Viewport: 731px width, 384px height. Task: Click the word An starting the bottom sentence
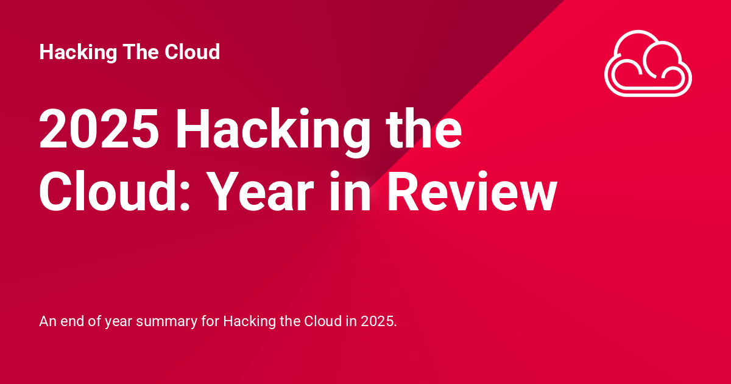[x=47, y=321]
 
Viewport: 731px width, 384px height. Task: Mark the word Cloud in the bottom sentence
[x=319, y=321]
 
